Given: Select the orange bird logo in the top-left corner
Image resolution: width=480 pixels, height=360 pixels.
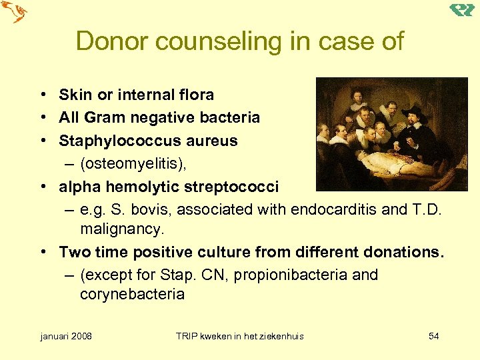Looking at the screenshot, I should [15, 12].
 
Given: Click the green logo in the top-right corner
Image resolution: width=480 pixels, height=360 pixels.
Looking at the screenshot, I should [462, 10].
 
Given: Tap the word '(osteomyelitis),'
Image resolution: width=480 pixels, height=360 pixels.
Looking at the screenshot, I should [132, 163].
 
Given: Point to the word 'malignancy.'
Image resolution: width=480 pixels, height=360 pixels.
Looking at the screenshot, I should [121, 229].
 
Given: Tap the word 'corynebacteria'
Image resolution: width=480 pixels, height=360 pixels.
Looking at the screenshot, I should [132, 295].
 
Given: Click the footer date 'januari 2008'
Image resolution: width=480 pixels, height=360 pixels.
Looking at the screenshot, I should [66, 336].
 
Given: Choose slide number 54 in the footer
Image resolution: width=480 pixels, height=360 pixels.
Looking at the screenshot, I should [433, 336].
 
